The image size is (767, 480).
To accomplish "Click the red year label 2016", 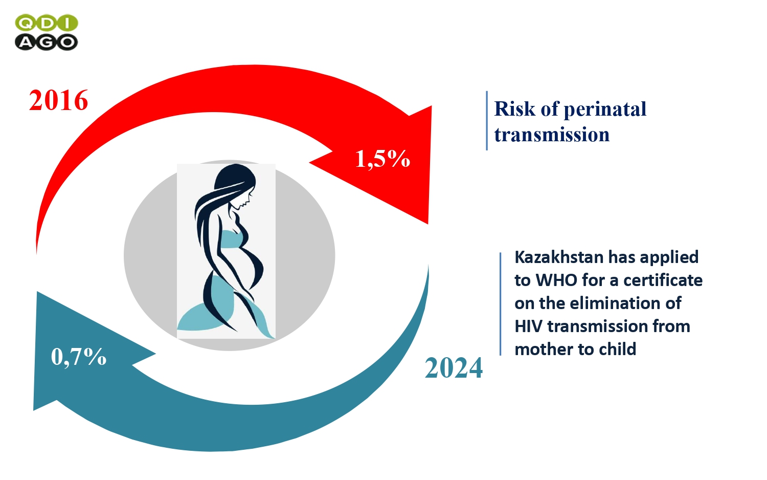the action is pos(59,100).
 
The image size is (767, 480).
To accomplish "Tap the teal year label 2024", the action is pos(454,368).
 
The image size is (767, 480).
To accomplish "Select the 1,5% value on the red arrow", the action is pos(382,159).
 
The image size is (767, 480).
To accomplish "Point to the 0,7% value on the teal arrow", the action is pos(79,357).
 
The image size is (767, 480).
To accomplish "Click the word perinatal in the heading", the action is pos(605,110).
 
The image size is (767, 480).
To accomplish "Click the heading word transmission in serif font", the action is pos(552,134).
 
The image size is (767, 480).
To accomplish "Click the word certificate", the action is pos(663,280).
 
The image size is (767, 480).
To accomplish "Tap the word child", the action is pos(618,349).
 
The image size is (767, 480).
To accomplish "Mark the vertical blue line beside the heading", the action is pos(487,121).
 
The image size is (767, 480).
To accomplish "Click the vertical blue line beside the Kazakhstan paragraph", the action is pos(501,304).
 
